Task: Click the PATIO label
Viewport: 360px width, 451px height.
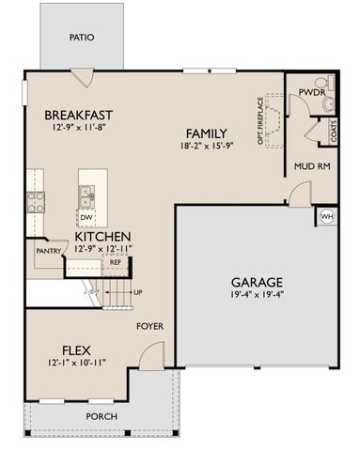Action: (83, 39)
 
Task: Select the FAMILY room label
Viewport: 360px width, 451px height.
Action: (205, 132)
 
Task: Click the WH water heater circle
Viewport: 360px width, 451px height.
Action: (327, 216)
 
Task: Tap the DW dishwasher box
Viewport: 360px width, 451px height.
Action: (86, 217)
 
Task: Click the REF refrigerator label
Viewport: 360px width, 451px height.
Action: (116, 262)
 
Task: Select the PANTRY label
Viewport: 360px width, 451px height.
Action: (49, 251)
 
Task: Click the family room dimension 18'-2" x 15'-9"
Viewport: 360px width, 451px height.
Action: (205, 147)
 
